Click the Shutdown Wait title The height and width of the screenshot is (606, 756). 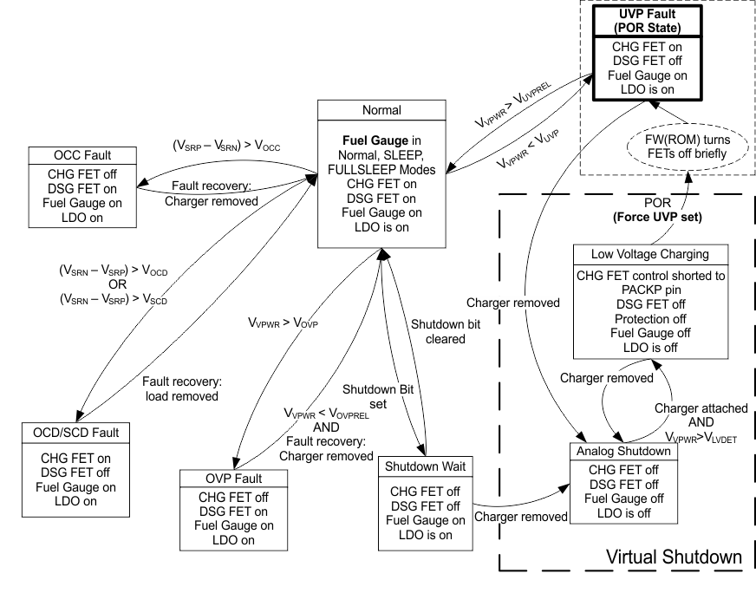pyautogui.click(x=424, y=467)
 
